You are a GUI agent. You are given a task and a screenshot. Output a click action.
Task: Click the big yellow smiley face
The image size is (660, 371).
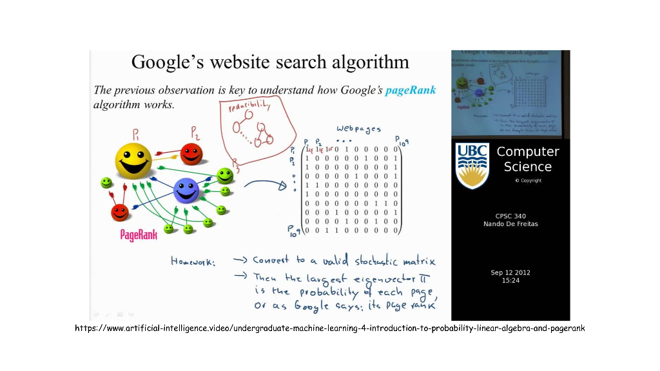[133, 160]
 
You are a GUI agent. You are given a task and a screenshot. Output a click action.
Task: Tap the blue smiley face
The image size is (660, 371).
[186, 191]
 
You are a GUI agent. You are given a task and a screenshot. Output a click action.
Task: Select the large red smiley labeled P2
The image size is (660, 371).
[191, 155]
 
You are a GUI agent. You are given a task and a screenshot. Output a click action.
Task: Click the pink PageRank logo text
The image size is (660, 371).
[139, 234]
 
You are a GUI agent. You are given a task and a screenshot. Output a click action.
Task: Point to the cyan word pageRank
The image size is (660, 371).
[411, 90]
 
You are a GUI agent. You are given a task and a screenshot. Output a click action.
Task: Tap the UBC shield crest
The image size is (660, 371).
[472, 166]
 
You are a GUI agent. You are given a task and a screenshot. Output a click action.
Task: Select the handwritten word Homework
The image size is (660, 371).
[193, 261]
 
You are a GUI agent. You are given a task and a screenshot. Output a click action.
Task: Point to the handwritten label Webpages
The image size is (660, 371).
[358, 129]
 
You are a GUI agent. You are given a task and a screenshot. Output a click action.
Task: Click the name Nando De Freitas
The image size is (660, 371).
[510, 224]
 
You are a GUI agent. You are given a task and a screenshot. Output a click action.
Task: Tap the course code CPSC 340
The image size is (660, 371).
[510, 216]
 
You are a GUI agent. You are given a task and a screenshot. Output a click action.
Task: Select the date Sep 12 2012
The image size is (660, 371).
[510, 272]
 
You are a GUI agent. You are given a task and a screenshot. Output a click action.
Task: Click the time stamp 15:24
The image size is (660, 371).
[510, 280]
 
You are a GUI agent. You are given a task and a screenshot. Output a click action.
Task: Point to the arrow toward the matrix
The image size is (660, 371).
[265, 185]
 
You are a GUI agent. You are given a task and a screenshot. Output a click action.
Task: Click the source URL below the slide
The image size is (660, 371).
[330, 328]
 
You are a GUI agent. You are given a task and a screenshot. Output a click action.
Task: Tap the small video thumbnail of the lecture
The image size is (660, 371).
[510, 94]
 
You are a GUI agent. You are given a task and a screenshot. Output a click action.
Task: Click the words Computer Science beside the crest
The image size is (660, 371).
[527, 159]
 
